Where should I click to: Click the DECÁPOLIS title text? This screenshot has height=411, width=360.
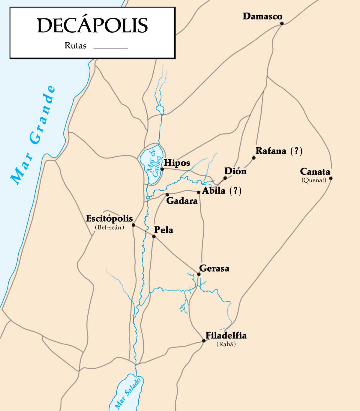92,25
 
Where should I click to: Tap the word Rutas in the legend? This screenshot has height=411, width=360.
76,46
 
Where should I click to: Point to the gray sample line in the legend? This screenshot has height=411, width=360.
110,48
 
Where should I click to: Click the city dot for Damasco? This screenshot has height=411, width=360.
282,23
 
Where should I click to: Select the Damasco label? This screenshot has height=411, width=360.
262,16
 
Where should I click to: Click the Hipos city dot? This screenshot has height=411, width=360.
162,169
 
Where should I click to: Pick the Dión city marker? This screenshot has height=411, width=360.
225,178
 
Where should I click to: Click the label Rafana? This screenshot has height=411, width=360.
271,151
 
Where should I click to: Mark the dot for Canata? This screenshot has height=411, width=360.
331,178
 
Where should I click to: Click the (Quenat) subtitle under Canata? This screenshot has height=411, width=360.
314,180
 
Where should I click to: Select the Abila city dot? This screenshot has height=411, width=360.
198,192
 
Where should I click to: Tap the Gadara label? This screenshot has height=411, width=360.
182,201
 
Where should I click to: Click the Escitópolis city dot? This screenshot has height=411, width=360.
133,225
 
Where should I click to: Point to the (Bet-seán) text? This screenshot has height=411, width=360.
109,228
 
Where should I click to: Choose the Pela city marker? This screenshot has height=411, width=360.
154,237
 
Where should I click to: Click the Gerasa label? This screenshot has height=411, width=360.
214,268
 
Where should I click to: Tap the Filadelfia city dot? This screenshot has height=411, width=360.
204,341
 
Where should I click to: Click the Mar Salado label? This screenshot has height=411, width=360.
128,393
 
